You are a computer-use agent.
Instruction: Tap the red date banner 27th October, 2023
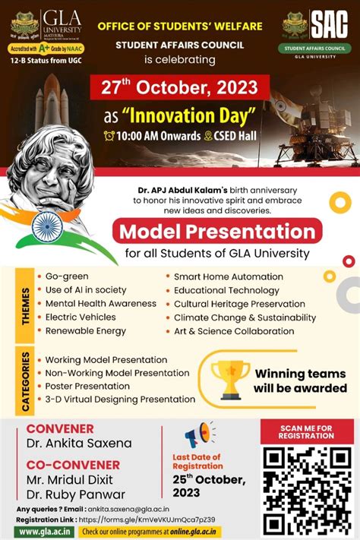(x=179, y=86)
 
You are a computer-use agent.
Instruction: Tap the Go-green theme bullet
(x=67, y=276)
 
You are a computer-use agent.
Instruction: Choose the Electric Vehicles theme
(x=80, y=317)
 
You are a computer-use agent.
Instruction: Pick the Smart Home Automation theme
(x=227, y=276)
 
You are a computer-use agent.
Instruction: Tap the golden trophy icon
(x=230, y=379)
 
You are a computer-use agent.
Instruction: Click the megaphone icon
(x=199, y=436)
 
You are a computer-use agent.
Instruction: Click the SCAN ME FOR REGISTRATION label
(x=307, y=431)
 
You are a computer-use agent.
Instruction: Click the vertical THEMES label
(x=26, y=305)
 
